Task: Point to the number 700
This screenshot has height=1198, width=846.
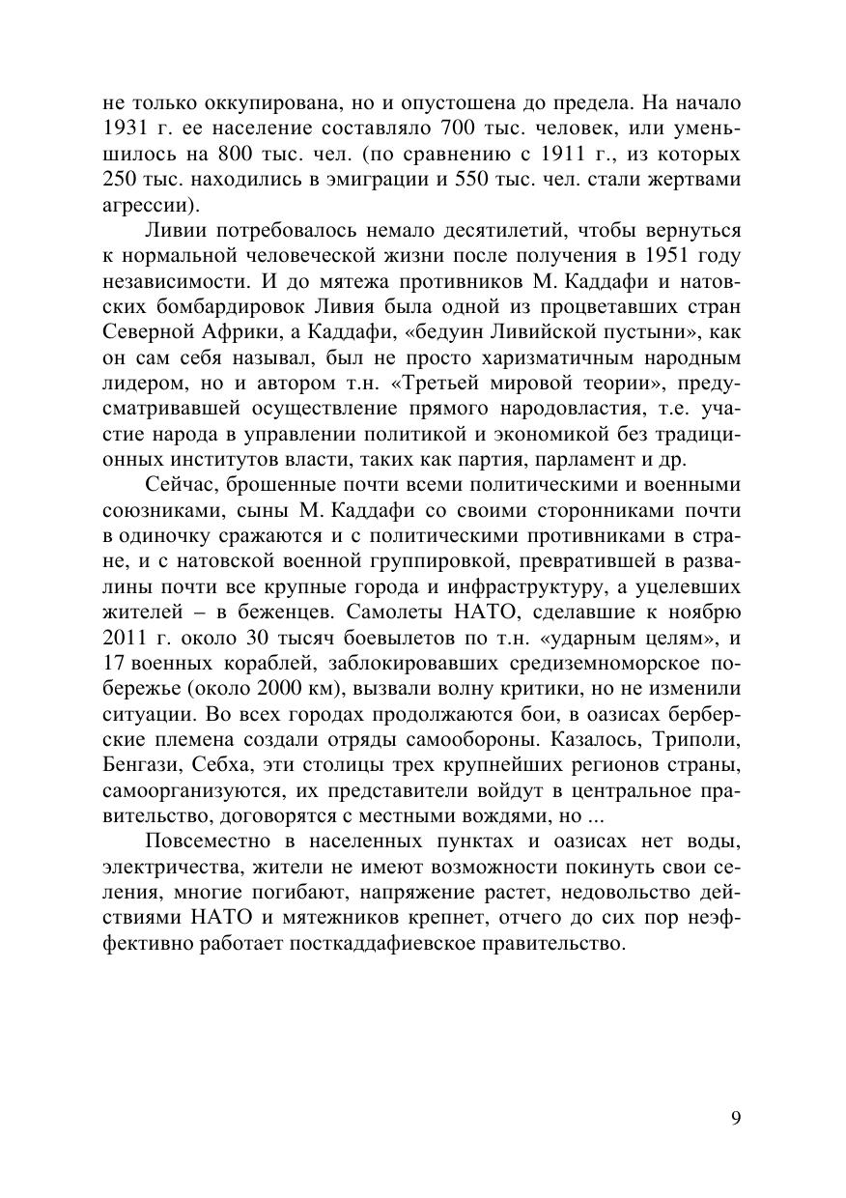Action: click(x=459, y=128)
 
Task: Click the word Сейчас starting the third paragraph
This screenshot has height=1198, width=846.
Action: click(x=178, y=483)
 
